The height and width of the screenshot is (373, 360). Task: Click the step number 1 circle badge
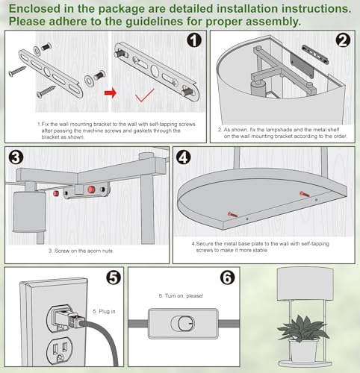click(194, 40)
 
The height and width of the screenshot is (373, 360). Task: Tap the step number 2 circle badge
click(343, 40)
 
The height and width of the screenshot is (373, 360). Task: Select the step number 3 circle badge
click(16, 157)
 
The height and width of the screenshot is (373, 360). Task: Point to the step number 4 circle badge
click(184, 157)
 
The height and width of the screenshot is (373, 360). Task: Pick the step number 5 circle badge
click(114, 278)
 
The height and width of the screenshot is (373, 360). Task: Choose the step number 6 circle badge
click(228, 278)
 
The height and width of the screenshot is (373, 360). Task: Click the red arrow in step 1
click(111, 93)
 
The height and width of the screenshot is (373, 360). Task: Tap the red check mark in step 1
click(145, 95)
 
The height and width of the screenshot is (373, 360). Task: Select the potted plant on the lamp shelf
click(303, 337)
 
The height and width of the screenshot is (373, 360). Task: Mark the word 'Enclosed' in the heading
click(34, 9)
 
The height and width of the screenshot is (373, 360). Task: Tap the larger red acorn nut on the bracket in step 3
click(91, 189)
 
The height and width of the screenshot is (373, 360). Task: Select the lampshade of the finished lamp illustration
click(305, 283)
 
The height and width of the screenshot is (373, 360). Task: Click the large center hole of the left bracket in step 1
click(47, 71)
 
